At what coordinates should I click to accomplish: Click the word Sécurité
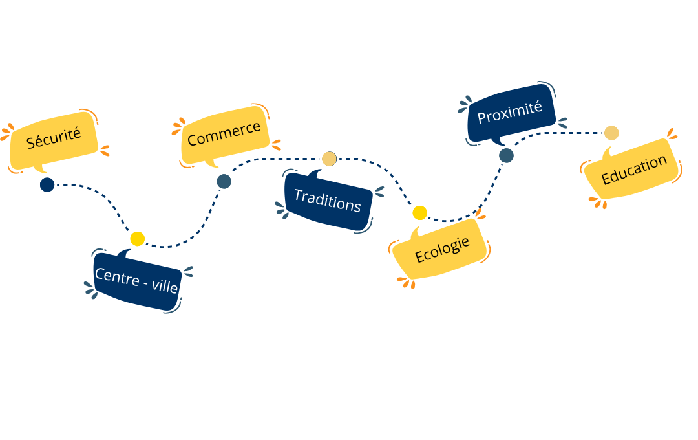pos(54,138)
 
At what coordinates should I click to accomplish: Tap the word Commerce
pos(224,133)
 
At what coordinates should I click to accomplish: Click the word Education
pos(633,170)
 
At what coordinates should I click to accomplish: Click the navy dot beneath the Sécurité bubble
pos(47,185)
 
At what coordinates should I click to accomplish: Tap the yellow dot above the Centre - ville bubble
pos(137,239)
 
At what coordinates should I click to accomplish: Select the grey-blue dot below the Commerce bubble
pos(224,182)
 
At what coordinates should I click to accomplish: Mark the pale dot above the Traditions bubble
pos(329,159)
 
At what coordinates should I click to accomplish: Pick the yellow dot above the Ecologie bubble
pos(419,212)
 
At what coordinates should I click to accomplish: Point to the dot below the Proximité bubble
pos(506,155)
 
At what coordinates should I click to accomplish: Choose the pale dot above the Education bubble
pos(611,133)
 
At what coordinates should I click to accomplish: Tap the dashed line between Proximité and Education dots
pos(562,133)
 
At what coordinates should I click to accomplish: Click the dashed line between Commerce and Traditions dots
pos(278,159)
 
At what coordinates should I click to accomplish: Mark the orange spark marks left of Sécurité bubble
pos(6,133)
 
